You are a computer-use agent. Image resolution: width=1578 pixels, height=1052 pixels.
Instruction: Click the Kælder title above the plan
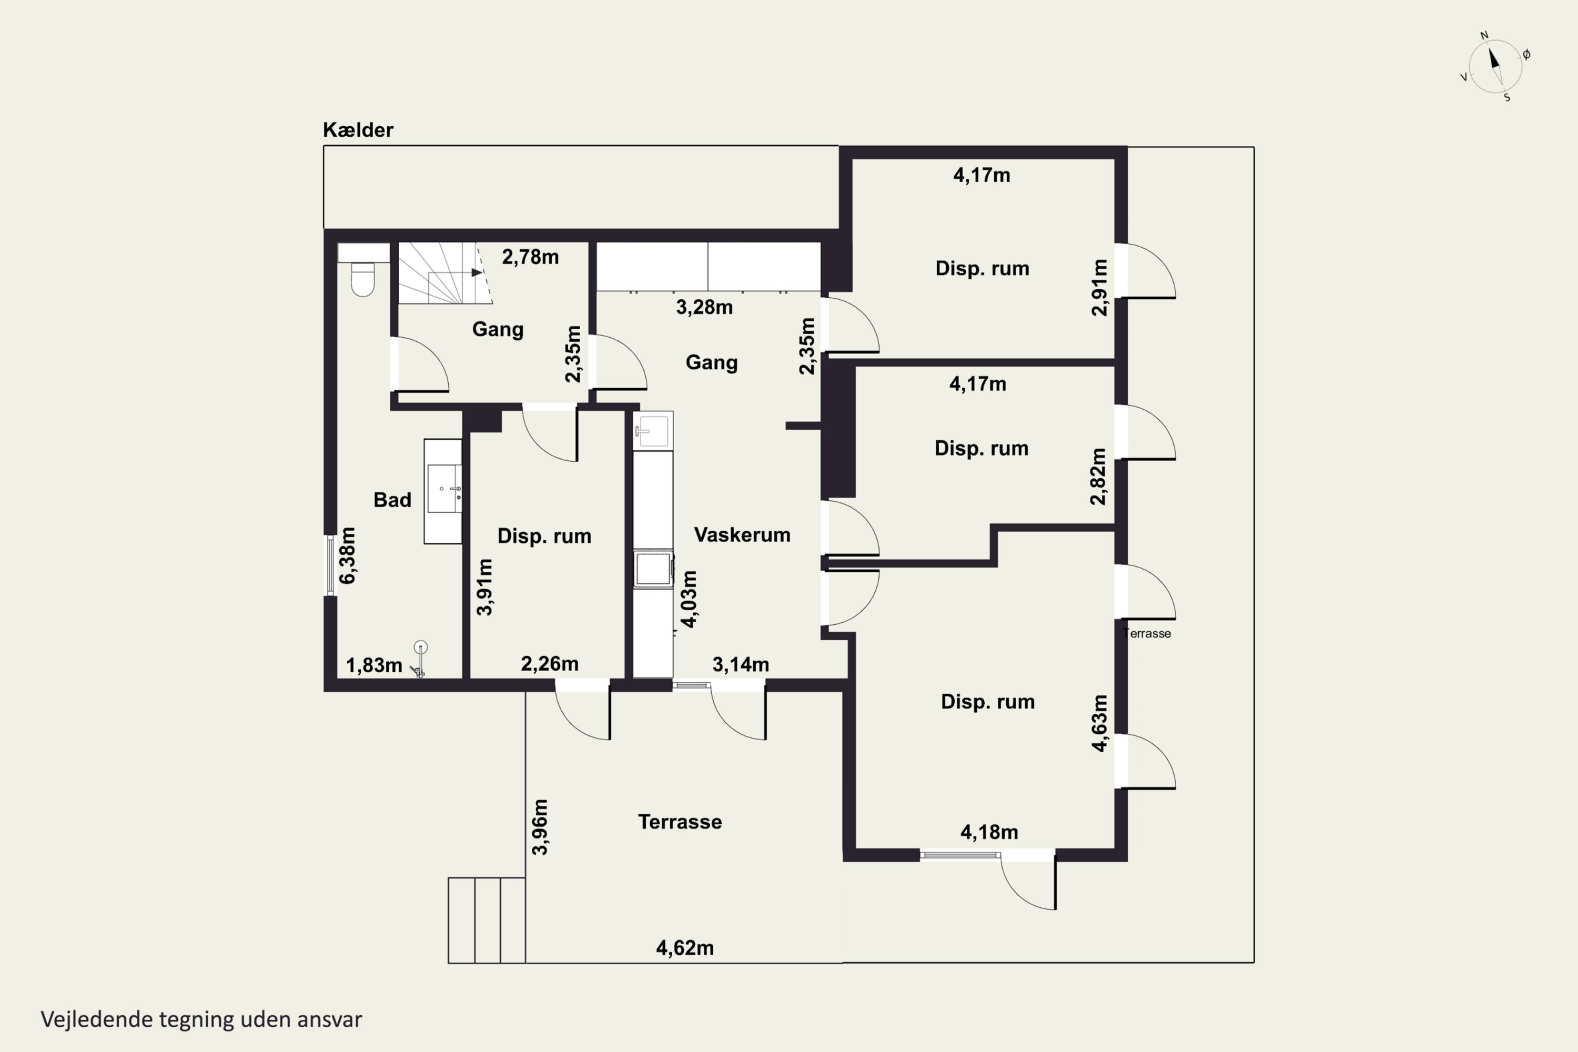pos(358,129)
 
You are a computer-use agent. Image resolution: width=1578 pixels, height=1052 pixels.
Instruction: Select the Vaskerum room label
pos(742,535)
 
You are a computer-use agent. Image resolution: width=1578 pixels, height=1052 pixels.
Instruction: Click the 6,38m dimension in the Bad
pos(348,555)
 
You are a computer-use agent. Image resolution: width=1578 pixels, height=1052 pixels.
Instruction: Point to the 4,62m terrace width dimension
pos(684,948)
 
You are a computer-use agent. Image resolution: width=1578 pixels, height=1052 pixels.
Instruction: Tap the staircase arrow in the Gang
pos(477,272)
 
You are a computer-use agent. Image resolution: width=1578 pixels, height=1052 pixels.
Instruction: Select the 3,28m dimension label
pos(704,307)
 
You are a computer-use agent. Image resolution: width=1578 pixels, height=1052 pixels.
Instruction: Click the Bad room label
pos(392,500)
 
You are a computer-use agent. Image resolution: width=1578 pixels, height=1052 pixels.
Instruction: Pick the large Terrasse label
pos(680,822)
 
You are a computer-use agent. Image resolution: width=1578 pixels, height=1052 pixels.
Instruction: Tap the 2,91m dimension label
pos(1099,287)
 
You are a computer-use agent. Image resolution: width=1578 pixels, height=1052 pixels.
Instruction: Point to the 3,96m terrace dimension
pos(540,827)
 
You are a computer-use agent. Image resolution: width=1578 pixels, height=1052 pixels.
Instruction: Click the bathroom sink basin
pos(444,489)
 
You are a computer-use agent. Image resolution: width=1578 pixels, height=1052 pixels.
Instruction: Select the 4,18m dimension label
pos(989,833)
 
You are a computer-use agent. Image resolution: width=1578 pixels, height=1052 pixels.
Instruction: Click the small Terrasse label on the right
pos(1147,633)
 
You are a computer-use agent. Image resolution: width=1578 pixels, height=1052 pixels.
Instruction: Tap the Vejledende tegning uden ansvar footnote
pos(201,1019)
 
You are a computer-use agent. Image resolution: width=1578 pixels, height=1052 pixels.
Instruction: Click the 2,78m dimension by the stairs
pos(530,257)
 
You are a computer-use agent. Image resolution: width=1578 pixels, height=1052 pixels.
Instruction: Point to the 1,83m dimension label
pos(373,665)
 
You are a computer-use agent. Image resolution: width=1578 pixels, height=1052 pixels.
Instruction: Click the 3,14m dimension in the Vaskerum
pos(741,665)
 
